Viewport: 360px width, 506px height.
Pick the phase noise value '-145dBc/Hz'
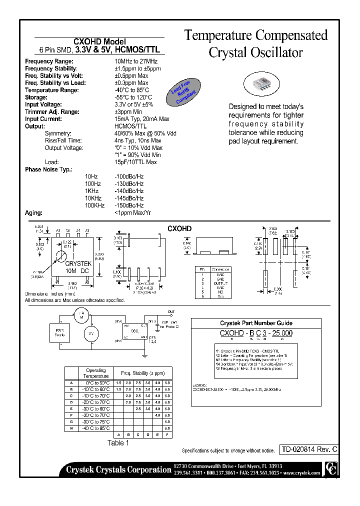click(129, 198)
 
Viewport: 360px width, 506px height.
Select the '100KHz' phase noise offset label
click(94, 205)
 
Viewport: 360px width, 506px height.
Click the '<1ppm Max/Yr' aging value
click(132, 213)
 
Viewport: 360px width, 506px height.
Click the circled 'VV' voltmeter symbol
click(91, 333)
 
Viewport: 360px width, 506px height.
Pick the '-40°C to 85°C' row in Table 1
click(96, 428)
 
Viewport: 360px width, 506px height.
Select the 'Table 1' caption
click(118, 443)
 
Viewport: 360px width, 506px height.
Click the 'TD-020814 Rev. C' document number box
click(308, 449)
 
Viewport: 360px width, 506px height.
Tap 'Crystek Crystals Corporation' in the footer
click(118, 469)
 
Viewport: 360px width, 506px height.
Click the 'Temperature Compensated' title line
click(256, 35)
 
